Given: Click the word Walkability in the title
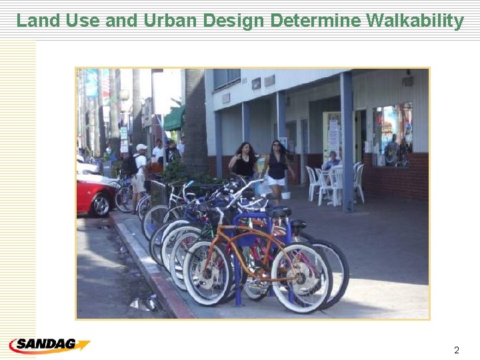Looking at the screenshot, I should coord(415,21).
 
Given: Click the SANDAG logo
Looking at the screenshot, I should coord(49,345).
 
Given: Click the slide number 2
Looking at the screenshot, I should coord(456,350).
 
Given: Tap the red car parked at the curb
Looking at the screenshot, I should coord(94,195).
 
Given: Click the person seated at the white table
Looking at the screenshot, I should coord(330,163).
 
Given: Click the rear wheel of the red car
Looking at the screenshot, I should coord(101,205).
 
